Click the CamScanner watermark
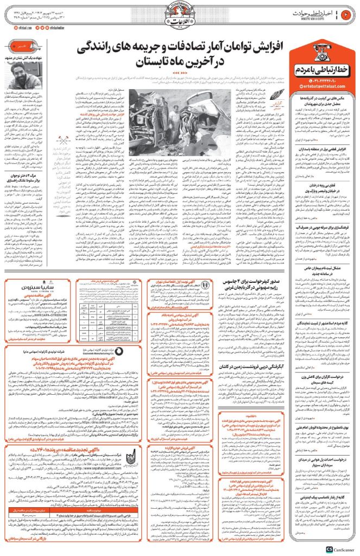click(342, 549)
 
